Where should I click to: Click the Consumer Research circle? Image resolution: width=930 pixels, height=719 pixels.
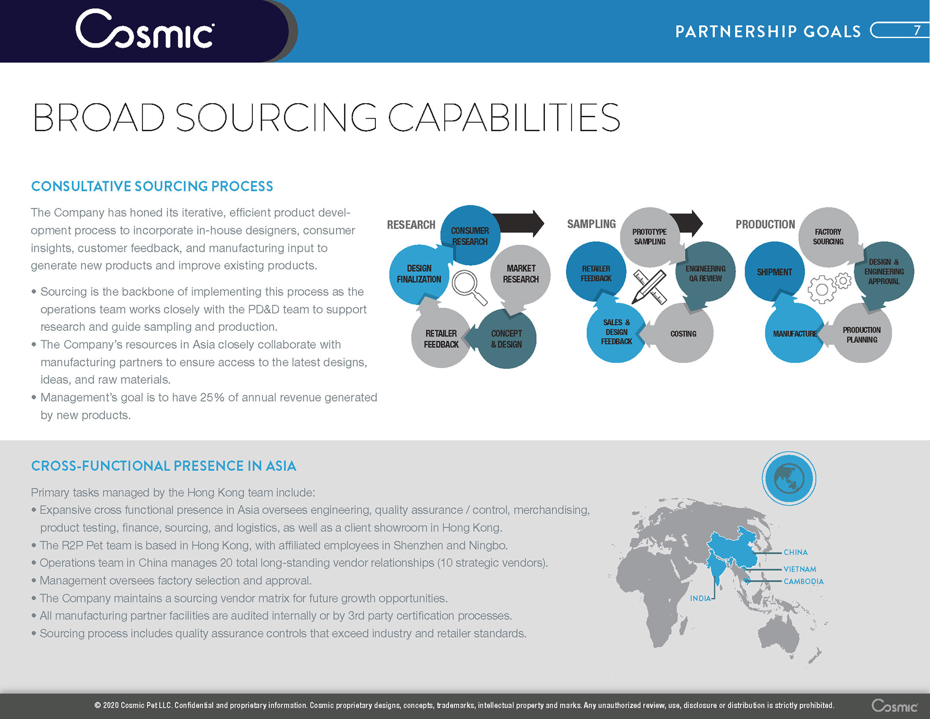pos(470,235)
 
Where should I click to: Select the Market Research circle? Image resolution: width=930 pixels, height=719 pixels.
pos(521,274)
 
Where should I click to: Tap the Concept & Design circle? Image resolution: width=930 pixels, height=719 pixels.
pos(507,339)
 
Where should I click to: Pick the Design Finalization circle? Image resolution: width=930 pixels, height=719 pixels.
pos(419,274)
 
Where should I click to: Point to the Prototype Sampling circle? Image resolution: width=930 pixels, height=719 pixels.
pos(650,236)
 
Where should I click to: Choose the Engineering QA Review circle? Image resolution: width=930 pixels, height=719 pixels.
pos(705,273)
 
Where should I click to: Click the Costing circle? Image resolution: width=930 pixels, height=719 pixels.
pos(683,334)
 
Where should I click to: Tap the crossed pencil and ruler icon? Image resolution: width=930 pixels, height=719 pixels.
pos(650,286)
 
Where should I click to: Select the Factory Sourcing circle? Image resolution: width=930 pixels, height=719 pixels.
pos(828,236)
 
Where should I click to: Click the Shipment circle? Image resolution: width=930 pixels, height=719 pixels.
pos(774,272)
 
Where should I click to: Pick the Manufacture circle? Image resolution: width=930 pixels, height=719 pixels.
pos(794,334)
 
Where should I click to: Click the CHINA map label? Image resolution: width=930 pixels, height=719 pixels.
pos(795,552)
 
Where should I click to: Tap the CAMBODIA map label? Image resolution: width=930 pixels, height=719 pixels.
pos(803,581)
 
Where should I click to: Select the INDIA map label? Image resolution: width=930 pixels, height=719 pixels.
pos(700,598)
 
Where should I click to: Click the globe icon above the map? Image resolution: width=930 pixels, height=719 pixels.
pos(789,478)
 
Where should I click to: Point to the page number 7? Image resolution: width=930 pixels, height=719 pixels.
pos(916,31)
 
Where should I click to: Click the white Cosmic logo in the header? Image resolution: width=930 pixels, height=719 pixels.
pos(144,30)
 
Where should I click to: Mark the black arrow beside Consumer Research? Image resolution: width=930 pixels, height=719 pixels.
pos(521,223)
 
